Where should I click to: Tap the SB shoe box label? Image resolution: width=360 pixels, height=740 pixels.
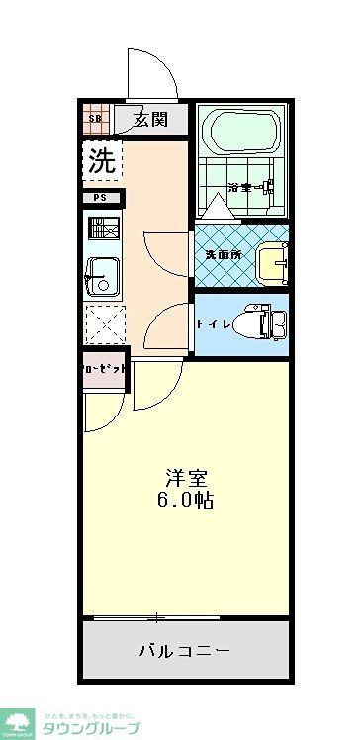96,120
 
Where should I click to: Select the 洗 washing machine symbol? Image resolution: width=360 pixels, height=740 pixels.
102,160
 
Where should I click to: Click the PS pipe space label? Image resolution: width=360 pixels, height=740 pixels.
101,197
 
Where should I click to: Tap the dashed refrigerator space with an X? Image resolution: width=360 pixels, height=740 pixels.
102,324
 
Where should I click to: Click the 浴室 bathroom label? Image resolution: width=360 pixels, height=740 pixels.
242,186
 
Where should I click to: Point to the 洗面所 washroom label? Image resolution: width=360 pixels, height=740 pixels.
224,254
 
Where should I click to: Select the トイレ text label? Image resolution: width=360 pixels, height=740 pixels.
214,324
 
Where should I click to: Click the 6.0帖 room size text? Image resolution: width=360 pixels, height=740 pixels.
185,500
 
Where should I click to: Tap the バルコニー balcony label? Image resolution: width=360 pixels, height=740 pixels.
184,651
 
